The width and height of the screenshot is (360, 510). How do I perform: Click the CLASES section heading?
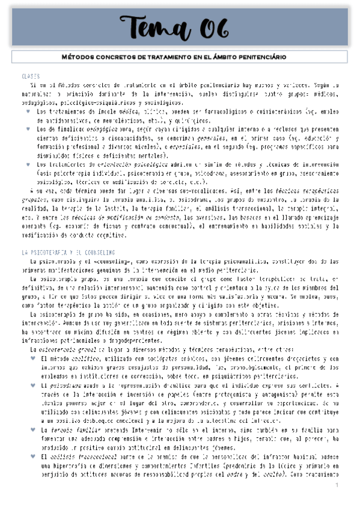coord(29,77)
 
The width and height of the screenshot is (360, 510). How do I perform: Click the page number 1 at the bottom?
coord(338,484)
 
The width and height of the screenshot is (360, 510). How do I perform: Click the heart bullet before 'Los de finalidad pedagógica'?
coord(31,129)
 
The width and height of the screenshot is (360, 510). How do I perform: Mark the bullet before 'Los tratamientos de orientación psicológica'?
coord(31,164)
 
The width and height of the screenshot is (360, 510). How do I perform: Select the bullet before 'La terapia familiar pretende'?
coord(31,430)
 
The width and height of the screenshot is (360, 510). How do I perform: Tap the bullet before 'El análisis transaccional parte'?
coord(31,456)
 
